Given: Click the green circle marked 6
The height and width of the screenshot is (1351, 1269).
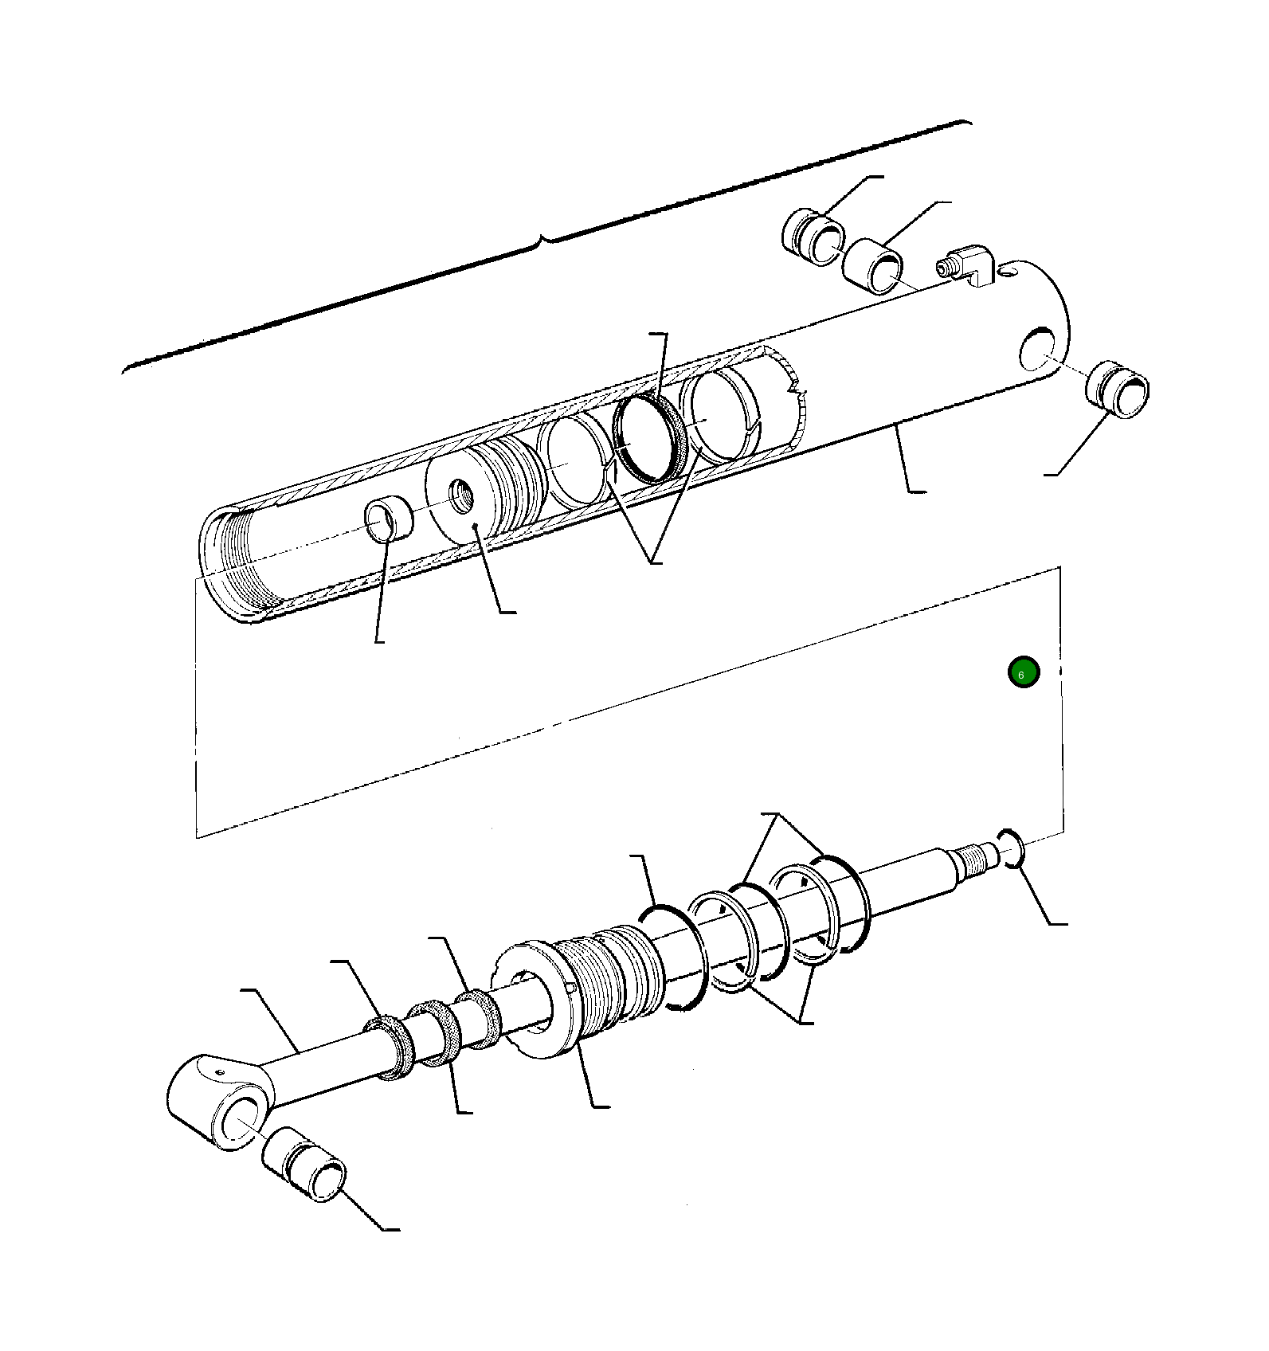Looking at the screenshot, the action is tap(1023, 673).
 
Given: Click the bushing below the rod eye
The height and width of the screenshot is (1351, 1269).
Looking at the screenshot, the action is tap(304, 1164).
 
